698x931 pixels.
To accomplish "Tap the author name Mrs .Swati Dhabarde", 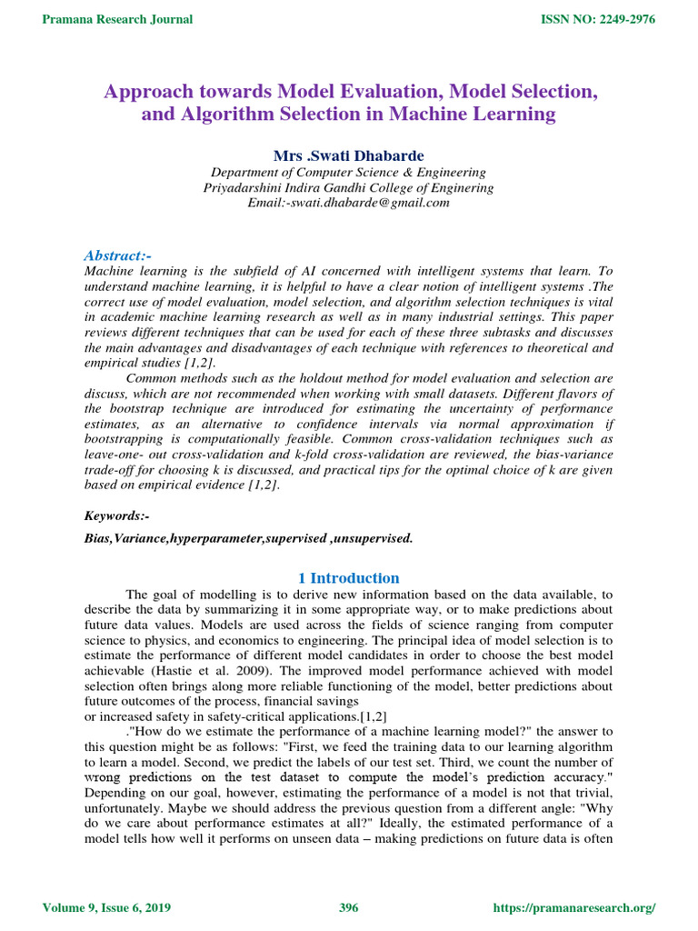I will (x=348, y=155).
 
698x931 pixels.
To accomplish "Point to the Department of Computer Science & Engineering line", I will (x=348, y=172).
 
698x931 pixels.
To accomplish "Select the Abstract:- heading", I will (x=117, y=255).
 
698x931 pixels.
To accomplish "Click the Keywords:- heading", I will (x=116, y=516).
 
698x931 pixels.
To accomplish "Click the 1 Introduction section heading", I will (x=348, y=578).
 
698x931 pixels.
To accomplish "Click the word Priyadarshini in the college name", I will (x=243, y=187).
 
